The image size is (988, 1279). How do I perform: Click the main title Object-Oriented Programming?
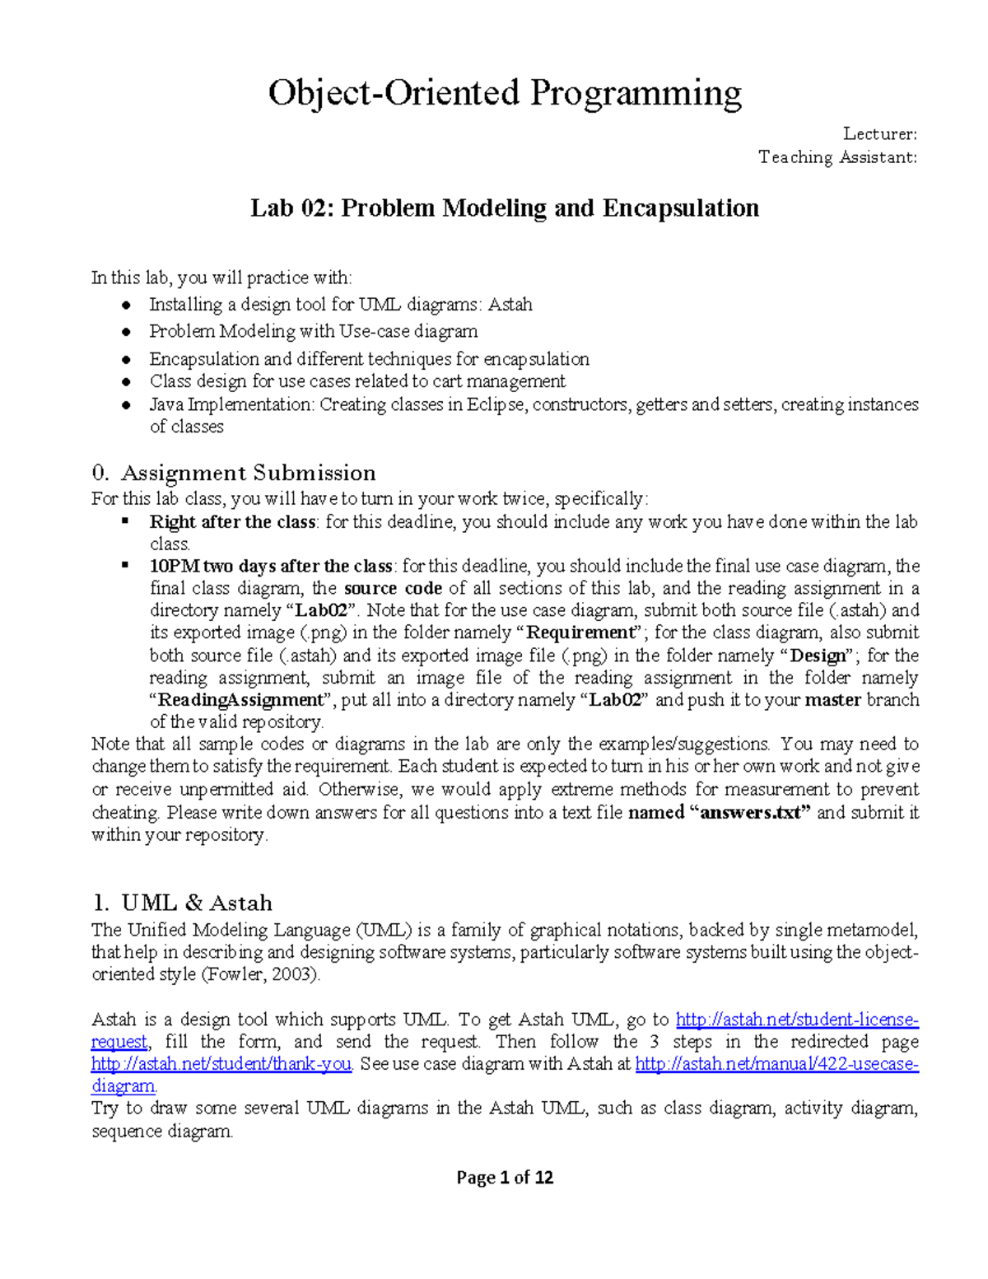coord(504,93)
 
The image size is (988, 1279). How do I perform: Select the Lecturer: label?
coord(879,134)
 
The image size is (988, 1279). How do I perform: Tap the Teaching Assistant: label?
coord(837,157)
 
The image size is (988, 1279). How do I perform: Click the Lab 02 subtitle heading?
coord(504,208)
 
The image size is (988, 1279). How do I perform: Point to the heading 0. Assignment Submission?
coord(234,473)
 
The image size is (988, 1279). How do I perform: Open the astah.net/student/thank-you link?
coord(221,1064)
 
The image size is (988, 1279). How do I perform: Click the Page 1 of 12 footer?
coord(504,1178)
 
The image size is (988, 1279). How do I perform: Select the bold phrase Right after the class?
coord(232,522)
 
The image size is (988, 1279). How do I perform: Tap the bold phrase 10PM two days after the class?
coord(272,567)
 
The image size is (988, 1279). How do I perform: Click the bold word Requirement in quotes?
coord(581,633)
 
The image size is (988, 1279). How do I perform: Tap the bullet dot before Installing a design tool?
coord(126,306)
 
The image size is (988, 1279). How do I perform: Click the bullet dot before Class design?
coord(126,382)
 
